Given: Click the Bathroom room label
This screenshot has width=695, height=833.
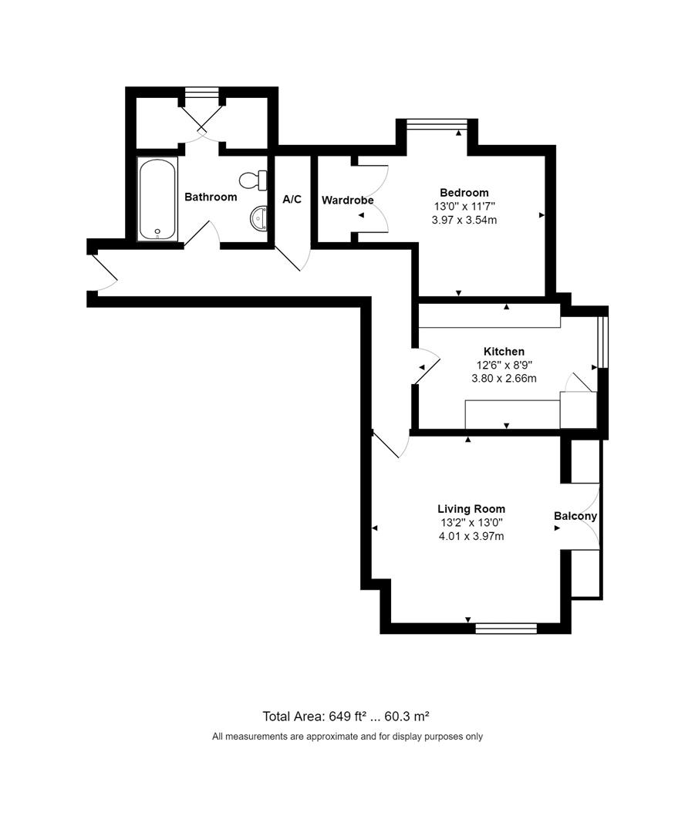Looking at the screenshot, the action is point(211,197).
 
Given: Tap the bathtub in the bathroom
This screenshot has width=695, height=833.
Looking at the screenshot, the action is point(157,199).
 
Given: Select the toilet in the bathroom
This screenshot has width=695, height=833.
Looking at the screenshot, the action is point(253,180).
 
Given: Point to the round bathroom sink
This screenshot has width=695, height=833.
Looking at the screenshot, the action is point(258,218).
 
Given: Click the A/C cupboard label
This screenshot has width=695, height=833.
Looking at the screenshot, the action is point(292,199).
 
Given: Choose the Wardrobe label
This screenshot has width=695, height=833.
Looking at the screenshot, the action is point(347,201).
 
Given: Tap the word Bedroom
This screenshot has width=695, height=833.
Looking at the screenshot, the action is point(464,192).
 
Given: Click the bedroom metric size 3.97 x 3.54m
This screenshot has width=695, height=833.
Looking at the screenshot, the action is point(464,220).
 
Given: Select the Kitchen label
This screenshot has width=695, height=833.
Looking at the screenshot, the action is point(504,351).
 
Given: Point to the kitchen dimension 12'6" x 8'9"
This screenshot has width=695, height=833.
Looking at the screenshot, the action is point(504,365).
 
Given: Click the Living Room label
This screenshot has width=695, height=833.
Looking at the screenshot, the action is point(471,509).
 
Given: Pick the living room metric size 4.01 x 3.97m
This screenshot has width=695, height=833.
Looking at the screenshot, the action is point(471,537).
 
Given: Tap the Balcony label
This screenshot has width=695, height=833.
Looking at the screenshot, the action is point(575,516).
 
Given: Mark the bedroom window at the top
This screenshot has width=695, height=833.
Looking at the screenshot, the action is point(437,123).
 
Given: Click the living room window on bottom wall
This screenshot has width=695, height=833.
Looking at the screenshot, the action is point(506,629).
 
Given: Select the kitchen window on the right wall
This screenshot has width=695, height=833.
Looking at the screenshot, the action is point(602,342).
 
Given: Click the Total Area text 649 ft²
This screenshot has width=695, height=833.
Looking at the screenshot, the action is point(348,716).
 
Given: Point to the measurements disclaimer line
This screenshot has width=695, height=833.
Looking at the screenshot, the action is point(347,737).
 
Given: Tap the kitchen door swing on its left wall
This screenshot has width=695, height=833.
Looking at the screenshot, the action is point(427,366).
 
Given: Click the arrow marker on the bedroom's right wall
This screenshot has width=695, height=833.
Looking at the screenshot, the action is point(542,215).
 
